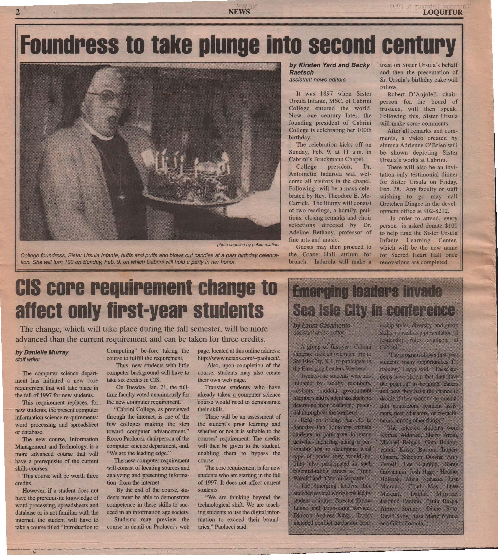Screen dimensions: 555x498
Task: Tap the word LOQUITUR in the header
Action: point(442,12)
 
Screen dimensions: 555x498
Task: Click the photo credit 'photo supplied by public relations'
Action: point(249,245)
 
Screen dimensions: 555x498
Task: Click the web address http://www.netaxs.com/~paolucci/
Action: point(239,358)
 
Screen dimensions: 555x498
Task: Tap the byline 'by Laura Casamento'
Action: point(321,326)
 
